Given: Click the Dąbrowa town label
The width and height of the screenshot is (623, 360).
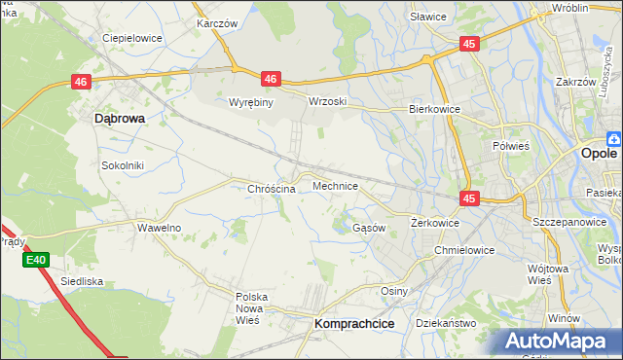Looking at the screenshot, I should pyautogui.click(x=120, y=118).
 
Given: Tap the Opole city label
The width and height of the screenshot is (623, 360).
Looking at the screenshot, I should pyautogui.click(x=599, y=154).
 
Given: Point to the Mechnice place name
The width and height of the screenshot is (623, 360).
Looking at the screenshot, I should pyautogui.click(x=336, y=185).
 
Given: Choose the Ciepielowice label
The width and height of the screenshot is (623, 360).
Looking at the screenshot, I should pyautogui.click(x=132, y=38).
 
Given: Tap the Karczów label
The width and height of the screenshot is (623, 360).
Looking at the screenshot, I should pyautogui.click(x=217, y=22).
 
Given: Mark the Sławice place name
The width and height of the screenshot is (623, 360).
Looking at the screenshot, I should pyautogui.click(x=428, y=17).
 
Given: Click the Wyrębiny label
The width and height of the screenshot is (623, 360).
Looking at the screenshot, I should pyautogui.click(x=253, y=101).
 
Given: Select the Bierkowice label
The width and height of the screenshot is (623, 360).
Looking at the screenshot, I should pyautogui.click(x=434, y=110).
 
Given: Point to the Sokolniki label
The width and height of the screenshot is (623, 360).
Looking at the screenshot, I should pyautogui.click(x=123, y=165).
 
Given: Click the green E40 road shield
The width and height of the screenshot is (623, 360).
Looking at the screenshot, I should pyautogui.click(x=36, y=260).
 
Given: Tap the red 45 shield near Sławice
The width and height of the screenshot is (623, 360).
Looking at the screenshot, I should pyautogui.click(x=469, y=44).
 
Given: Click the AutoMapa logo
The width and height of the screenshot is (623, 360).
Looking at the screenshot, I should pyautogui.click(x=559, y=341).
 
